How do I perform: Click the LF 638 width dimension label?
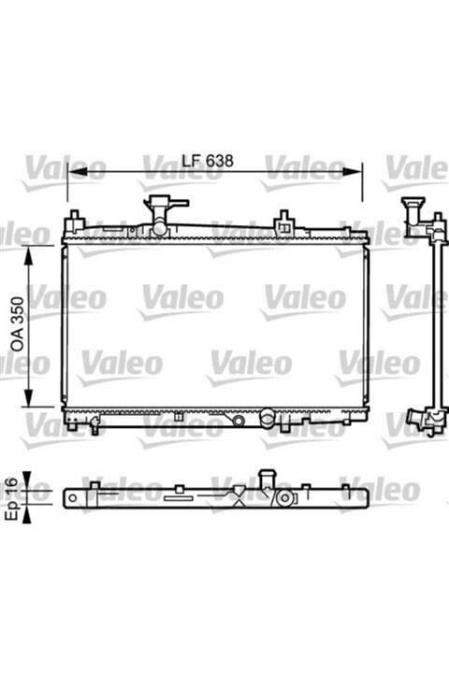[x=208, y=161]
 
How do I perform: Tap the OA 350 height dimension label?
[x=18, y=324]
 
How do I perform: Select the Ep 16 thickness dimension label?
[x=12, y=498]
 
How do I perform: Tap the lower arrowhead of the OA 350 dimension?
[x=28, y=396]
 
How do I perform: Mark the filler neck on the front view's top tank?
[x=163, y=215]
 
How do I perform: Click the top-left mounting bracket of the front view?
[x=74, y=221]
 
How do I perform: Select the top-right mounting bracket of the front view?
[x=284, y=222]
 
